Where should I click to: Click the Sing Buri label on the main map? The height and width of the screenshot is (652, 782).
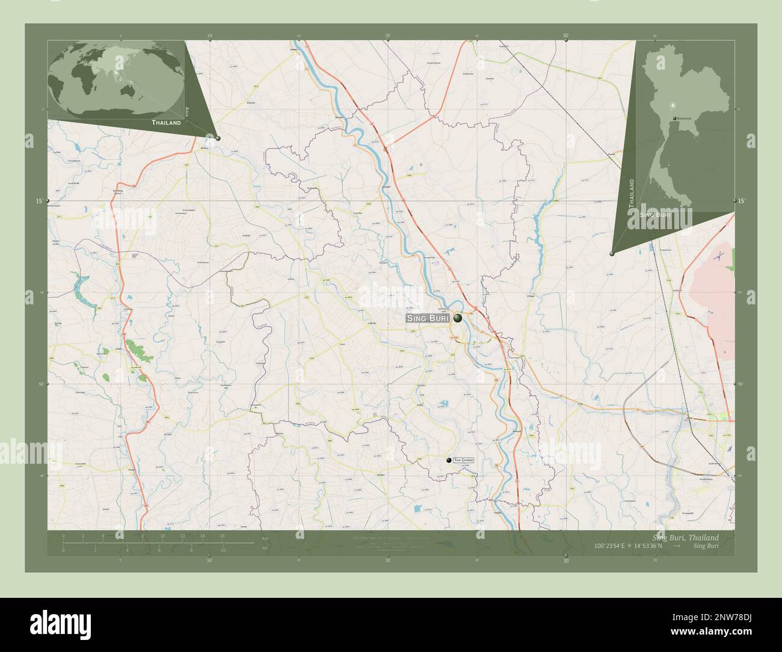428,319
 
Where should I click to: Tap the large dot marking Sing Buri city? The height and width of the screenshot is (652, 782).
458,318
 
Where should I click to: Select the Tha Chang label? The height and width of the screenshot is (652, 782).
464,460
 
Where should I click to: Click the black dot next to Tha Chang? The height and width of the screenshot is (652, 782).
449,460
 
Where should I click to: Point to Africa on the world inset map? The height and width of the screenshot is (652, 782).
78,78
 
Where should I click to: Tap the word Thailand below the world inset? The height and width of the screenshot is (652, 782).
166,122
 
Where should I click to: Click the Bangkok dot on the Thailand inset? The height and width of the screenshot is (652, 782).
675,118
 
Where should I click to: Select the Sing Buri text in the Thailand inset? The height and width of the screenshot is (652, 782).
656,214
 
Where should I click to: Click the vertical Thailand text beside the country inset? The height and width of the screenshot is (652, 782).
632,192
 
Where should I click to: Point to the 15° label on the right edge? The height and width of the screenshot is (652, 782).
741,201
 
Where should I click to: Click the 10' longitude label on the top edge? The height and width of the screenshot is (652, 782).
209,36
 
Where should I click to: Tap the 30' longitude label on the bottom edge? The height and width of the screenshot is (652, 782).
566,560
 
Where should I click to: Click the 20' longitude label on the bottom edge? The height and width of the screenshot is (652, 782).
387,560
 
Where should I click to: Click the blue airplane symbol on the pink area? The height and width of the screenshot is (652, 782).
718,256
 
